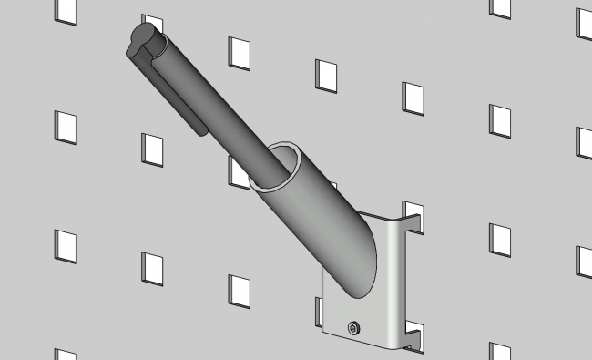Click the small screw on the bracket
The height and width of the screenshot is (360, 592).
point(352,326)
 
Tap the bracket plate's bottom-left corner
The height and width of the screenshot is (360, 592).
point(326,329)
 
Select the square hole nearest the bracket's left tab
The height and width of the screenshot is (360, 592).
point(240,290)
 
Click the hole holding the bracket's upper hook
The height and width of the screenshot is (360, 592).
point(414,211)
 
